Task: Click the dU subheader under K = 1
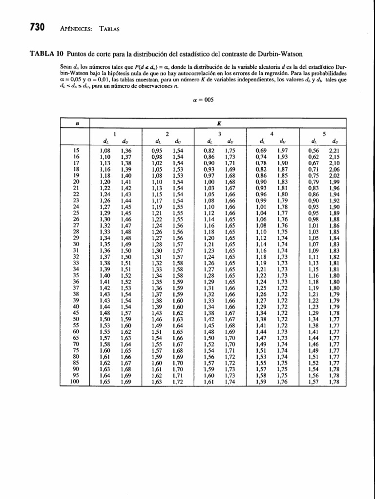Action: coord(125,142)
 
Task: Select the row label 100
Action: coord(74,382)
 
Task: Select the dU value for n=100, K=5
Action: coord(334,382)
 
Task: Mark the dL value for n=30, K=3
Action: coord(209,243)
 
